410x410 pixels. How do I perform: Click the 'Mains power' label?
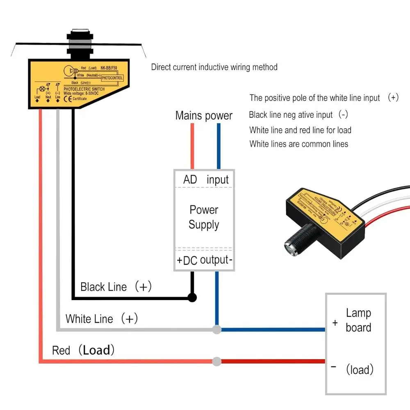tap(204, 116)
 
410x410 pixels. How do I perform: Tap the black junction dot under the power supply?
tap(192, 298)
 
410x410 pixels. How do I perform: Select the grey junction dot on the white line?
tap(217, 329)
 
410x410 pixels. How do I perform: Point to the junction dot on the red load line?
tap(217, 361)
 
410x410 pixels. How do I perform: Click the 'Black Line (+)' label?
tap(116, 287)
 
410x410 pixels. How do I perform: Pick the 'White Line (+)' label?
tap(102, 319)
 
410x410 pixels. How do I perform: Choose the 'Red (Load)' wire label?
tap(83, 351)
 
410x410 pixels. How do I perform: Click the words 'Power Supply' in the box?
tap(204, 217)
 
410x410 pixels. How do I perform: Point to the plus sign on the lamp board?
tap(335, 323)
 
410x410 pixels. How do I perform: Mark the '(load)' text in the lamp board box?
tap(360, 370)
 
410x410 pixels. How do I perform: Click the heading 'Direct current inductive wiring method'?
tap(214, 67)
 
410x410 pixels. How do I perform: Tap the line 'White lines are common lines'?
tap(298, 144)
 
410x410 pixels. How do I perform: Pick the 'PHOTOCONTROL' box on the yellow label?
tap(112, 77)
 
